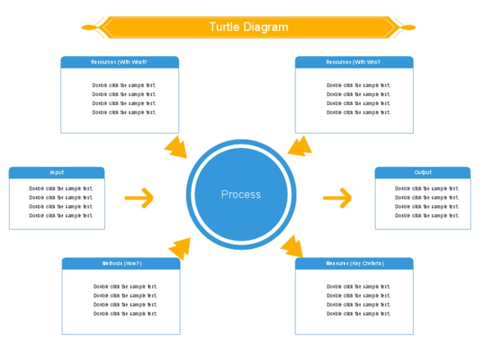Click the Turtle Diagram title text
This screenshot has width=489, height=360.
(248, 27)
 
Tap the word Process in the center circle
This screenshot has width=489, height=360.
(241, 194)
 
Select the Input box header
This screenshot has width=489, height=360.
(57, 173)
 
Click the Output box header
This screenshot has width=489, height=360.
(422, 173)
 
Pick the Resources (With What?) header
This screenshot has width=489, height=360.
(119, 62)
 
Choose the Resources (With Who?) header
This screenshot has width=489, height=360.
(353, 62)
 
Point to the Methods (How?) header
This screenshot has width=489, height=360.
(121, 263)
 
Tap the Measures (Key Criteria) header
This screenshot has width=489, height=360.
(354, 263)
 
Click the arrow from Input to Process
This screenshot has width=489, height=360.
(139, 198)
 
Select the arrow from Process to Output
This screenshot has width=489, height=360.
(337, 198)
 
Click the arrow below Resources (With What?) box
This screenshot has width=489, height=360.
(176, 147)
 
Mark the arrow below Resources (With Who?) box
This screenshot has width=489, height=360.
(300, 146)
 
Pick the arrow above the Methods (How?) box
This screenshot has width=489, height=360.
(180, 248)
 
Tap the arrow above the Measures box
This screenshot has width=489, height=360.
(292, 246)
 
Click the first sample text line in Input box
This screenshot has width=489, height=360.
(60, 189)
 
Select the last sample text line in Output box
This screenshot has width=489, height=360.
(427, 215)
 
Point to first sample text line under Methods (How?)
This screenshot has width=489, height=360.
(125, 287)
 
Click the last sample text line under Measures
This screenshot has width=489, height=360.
(358, 313)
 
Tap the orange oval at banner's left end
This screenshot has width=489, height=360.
(89, 27)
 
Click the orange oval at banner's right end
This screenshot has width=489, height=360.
(408, 27)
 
